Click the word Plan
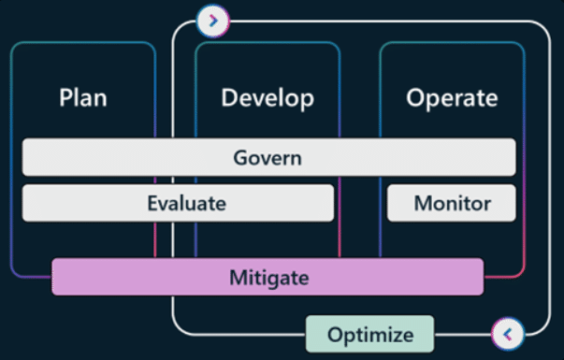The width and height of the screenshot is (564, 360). (82, 97)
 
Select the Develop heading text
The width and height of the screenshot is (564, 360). (268, 97)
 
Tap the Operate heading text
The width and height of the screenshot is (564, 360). (452, 97)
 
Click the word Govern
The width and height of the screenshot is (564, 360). (268, 157)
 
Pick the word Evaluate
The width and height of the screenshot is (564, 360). (186, 202)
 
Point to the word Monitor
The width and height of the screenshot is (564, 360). (452, 202)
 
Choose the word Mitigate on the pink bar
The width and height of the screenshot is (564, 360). (268, 278)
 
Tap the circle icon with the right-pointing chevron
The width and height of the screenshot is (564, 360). (213, 20)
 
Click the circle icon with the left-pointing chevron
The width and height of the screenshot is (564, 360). (506, 332)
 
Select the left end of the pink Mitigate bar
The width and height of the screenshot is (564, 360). (54, 278)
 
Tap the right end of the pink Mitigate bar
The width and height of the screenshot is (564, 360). (481, 278)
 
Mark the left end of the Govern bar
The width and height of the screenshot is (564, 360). (24, 157)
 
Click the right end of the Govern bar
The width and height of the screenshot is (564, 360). (513, 157)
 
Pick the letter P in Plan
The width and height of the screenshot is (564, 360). (65, 97)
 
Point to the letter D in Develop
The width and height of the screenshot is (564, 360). (229, 97)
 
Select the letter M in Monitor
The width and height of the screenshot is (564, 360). (422, 202)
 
